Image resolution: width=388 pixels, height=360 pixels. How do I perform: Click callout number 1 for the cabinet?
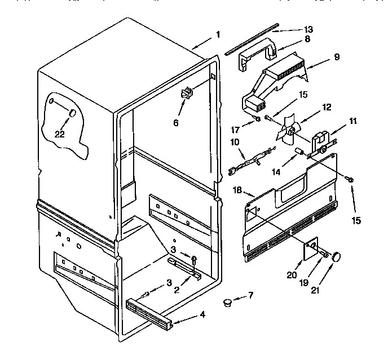(x=218, y=34)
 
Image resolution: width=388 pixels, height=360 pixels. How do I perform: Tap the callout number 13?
(x=308, y=29)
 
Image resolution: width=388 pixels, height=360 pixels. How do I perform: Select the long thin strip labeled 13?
(x=252, y=39)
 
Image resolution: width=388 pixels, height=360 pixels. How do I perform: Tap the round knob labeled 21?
(x=338, y=256)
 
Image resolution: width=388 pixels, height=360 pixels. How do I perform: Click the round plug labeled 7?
(x=228, y=303)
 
